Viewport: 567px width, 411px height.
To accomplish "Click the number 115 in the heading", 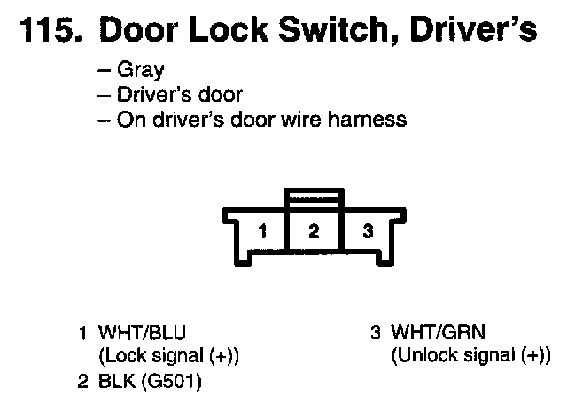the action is click(45, 31).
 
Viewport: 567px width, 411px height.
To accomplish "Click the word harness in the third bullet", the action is click(366, 119).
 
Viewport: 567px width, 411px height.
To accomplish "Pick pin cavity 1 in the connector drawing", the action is click(263, 233).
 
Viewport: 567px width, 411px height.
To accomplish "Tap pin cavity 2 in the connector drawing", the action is click(313, 233).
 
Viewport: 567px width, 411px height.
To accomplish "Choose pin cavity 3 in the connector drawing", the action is click(367, 233).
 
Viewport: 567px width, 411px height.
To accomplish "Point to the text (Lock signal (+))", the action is click(168, 357).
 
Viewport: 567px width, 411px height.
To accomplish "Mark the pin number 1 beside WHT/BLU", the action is click(82, 333).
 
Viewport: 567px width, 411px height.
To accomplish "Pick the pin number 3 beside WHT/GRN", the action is click(376, 333).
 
